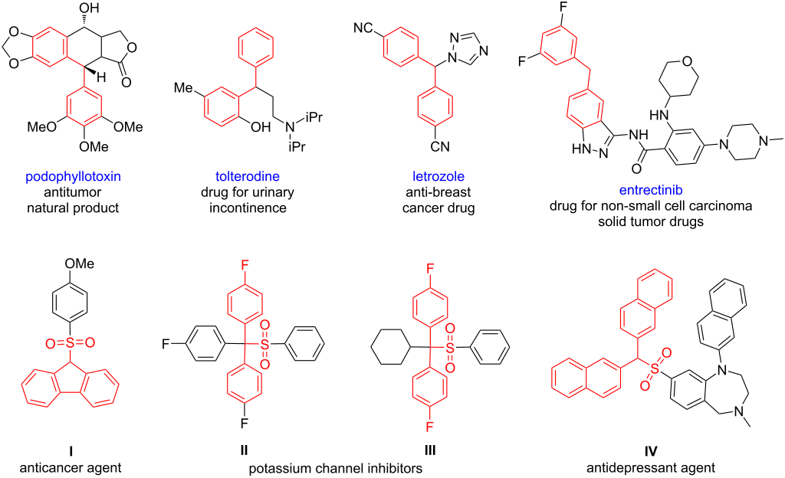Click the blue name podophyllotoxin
(x=73, y=176)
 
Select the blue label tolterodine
(x=248, y=176)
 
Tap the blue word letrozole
(x=438, y=176)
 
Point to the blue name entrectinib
(x=651, y=190)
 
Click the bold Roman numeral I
(x=71, y=451)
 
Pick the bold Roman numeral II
(x=245, y=451)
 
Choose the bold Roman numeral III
(x=430, y=451)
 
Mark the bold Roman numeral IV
(x=650, y=451)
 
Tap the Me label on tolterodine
(x=183, y=88)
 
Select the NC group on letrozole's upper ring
(x=363, y=28)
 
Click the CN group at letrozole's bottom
(x=440, y=146)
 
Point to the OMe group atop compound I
(x=79, y=264)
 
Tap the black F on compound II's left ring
(x=166, y=344)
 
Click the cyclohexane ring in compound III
(x=390, y=348)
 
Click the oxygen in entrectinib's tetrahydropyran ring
(x=687, y=61)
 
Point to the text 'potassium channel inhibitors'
(x=336, y=469)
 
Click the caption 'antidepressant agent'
(x=651, y=469)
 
